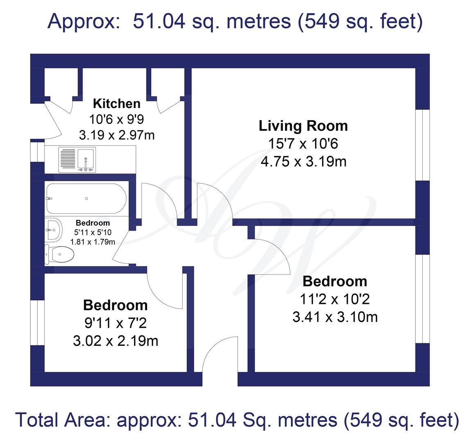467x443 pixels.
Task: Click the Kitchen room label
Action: pyautogui.click(x=117, y=103)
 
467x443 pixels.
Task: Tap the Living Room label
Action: pyautogui.click(x=303, y=126)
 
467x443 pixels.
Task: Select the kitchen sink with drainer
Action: pyautogui.click(x=77, y=160)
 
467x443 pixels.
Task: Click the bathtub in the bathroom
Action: pyautogui.click(x=86, y=199)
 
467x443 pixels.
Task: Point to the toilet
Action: pyautogui.click(x=59, y=254)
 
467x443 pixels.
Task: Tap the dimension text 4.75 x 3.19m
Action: pyautogui.click(x=304, y=162)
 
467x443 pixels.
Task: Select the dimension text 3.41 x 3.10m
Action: pyautogui.click(x=335, y=317)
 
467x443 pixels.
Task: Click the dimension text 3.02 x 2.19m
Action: pyautogui.click(x=116, y=341)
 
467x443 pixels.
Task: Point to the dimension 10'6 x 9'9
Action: pyautogui.click(x=116, y=119)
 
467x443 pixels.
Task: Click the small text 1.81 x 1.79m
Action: pyautogui.click(x=93, y=242)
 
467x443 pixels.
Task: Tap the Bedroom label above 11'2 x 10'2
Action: pyautogui.click(x=335, y=281)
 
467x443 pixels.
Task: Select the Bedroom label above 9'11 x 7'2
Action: pyautogui.click(x=116, y=305)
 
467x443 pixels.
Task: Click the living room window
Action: pyautogui.click(x=423, y=145)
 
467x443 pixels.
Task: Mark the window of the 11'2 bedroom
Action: pyautogui.click(x=423, y=299)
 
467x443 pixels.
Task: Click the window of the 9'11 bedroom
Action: pyautogui.click(x=38, y=322)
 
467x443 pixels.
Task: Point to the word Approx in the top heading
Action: pyautogui.click(x=84, y=21)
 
